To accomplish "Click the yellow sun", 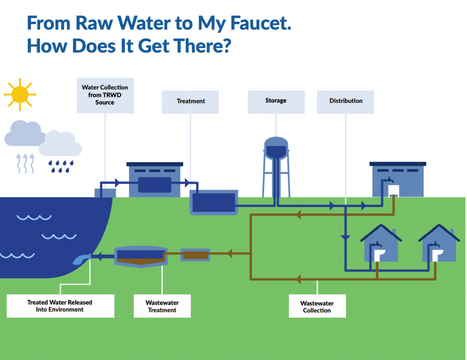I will click(20, 94).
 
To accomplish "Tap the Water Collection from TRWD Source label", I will click(105, 95).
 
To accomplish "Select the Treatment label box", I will click(191, 101).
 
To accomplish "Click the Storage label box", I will click(276, 100).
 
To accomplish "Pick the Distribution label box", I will click(346, 101).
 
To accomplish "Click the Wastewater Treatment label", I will click(162, 306).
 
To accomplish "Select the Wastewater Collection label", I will click(317, 307).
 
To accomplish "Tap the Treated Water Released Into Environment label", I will click(60, 306).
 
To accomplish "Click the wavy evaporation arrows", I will click(26, 163).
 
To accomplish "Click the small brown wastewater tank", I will click(195, 255).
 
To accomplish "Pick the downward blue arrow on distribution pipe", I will click(345, 237).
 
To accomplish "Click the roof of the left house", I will click(381, 232).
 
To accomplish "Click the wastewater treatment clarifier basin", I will click(140, 256).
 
